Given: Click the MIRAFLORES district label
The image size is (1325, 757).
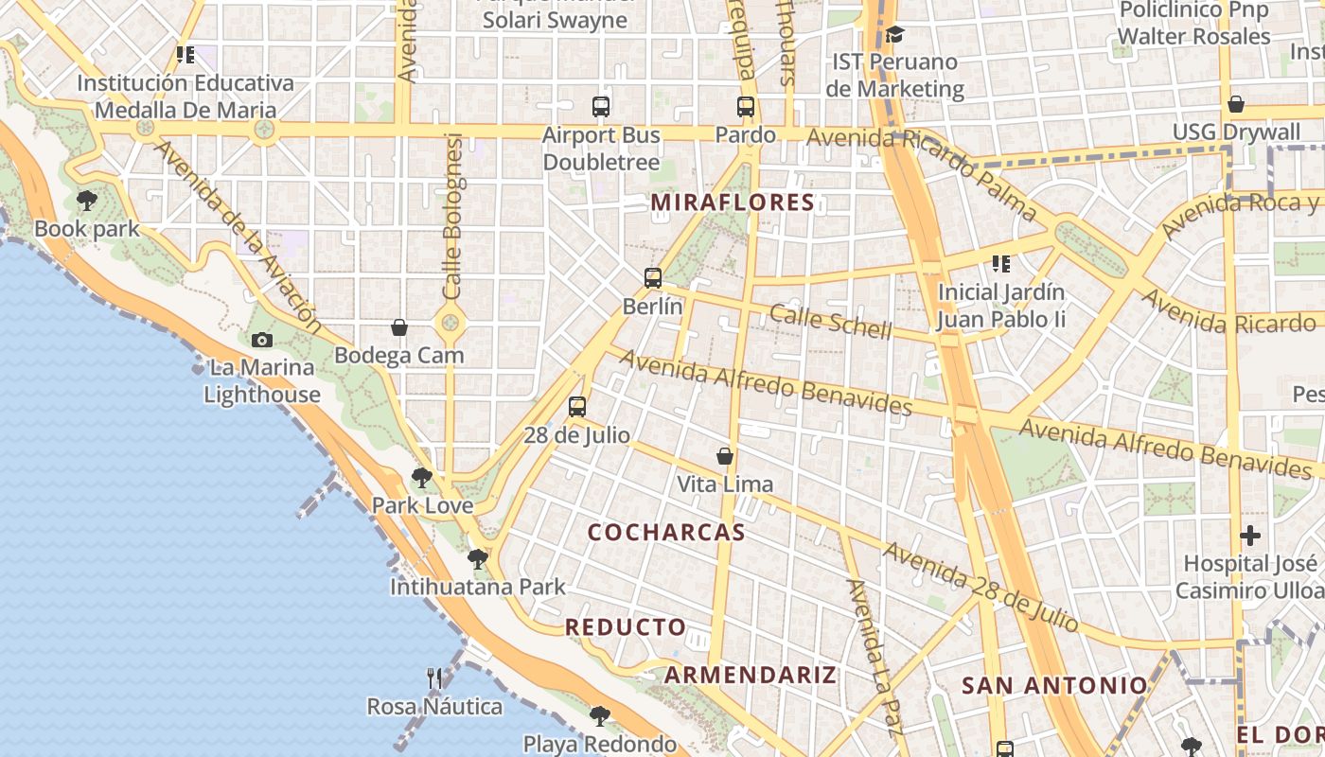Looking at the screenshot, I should (733, 202).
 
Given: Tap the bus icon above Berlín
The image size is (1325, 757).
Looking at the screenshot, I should (652, 278).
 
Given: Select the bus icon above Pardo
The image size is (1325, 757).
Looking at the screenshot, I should (746, 107).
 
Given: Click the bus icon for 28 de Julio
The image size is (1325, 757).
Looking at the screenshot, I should (577, 407).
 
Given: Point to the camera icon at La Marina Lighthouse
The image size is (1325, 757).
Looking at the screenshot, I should (262, 340).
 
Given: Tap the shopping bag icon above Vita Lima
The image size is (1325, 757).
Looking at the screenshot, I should (725, 456).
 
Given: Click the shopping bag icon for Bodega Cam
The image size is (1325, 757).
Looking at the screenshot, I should (399, 327).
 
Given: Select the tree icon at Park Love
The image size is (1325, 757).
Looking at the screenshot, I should (422, 477).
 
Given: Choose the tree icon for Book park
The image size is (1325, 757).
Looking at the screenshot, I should (87, 200).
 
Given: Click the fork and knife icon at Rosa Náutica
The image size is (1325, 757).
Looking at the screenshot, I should (434, 678).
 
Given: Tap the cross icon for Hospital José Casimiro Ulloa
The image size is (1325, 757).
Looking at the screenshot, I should (1250, 536).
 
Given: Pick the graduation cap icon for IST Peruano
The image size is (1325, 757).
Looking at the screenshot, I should (894, 35).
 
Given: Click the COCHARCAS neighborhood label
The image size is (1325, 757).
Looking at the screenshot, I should (666, 532).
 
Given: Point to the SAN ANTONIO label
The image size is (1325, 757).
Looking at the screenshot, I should (1054, 685).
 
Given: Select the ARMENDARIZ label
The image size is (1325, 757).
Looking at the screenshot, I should (750, 675).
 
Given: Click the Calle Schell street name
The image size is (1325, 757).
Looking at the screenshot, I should (830, 322).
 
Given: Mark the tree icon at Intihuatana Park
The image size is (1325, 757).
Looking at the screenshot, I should (478, 558).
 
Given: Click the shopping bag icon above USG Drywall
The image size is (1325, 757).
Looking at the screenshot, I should (1236, 104).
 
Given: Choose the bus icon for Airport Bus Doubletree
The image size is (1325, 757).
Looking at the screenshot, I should (601, 107).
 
